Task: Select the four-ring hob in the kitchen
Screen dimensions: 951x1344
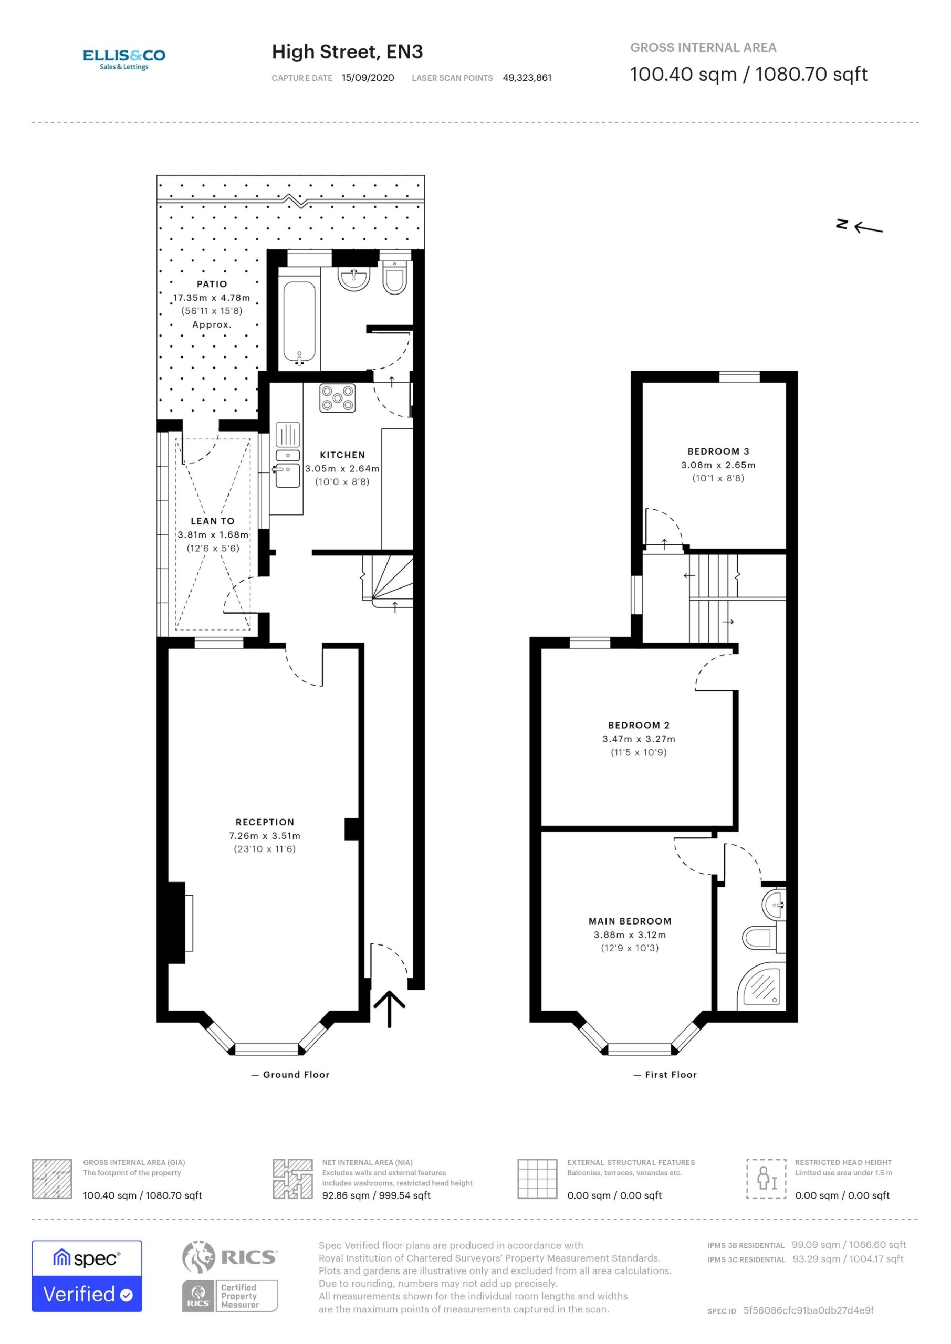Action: click(x=337, y=398)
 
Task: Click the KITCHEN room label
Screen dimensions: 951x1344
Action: click(x=342, y=455)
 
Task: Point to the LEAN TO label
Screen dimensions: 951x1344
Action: click(x=213, y=521)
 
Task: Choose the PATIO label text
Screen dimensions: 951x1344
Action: click(x=212, y=284)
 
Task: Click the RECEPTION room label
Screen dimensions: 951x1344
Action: click(x=265, y=822)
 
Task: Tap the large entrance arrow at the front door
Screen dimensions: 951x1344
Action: click(x=390, y=1009)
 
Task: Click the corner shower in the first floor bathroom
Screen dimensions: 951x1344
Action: click(x=760, y=987)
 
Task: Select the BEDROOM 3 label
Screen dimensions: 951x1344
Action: click(x=718, y=451)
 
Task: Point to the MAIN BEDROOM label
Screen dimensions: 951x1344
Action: click(x=630, y=921)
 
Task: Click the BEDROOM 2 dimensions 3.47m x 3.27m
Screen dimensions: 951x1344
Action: click(x=639, y=739)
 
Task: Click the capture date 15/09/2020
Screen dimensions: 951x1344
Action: click(x=368, y=78)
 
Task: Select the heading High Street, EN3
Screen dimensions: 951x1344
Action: click(x=347, y=52)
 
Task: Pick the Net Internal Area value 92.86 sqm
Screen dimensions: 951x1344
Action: click(x=346, y=1195)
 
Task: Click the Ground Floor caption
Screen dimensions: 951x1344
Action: click(x=296, y=1075)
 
